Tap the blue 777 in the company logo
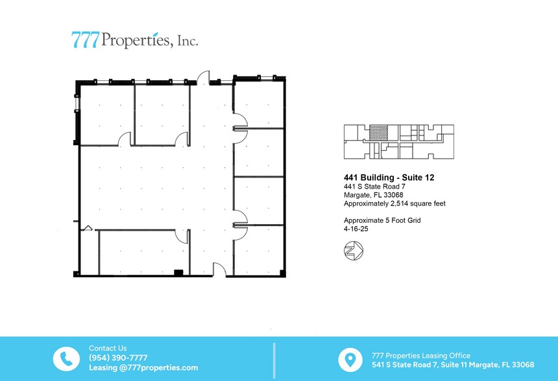coord(86,40)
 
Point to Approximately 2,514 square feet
coord(394,203)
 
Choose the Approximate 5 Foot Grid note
coord(382,220)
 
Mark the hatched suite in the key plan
coord(378,132)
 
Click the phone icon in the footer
coord(66,358)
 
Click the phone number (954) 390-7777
coord(118,358)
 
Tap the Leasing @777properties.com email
coord(143,367)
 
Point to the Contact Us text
coord(108,348)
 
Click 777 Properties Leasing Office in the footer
coord(421,355)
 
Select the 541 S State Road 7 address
coord(453,365)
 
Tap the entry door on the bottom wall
coord(220,270)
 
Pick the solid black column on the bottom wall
coord(178,273)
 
